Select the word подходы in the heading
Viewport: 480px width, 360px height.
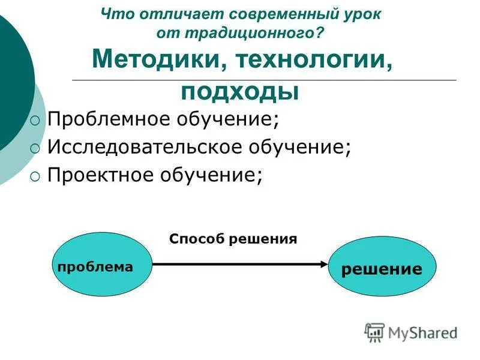coord(239,91)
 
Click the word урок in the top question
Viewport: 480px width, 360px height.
coord(362,13)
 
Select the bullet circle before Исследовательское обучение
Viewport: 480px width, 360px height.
coord(36,148)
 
